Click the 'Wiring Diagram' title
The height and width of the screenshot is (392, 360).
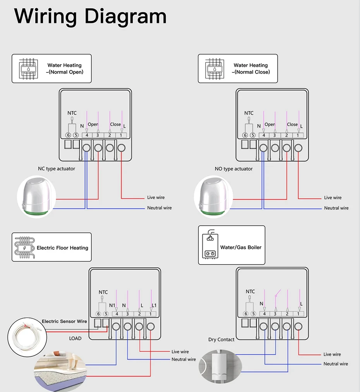pos(90,17)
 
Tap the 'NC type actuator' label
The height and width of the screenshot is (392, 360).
pos(57,169)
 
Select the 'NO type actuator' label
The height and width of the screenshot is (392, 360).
pos(233,169)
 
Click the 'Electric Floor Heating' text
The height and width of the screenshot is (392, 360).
pos(62,248)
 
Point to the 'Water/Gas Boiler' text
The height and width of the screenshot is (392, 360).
pos(241,247)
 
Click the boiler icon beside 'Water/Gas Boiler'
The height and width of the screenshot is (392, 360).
pos(210,244)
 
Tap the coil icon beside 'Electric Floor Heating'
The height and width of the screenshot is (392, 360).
pos(24,247)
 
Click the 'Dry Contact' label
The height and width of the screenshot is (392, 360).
pos(221,339)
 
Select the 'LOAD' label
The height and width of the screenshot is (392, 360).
pos(75,338)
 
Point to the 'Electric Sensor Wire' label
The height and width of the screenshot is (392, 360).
pos(64,321)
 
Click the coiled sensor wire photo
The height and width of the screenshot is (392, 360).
pos(27,337)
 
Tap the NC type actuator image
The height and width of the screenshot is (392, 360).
pos(37,197)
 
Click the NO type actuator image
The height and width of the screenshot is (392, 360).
pos(214,197)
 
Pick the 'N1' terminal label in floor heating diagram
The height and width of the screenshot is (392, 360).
pos(112,305)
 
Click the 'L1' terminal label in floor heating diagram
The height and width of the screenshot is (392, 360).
pos(154,305)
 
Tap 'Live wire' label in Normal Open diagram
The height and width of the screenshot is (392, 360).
pos(156,197)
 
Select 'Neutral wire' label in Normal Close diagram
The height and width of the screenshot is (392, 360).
pos(336,208)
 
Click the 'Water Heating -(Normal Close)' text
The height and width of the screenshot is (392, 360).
pos(251,69)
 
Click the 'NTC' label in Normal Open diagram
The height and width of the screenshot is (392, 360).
pos(72,113)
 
